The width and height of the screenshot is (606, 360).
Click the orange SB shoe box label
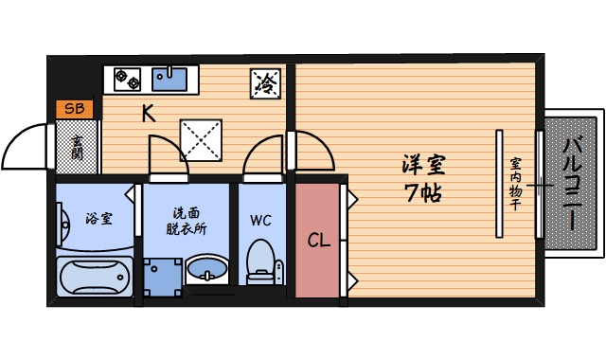coord(75,109)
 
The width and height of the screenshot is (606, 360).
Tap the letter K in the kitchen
coord(149,115)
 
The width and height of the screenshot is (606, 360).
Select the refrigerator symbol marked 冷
coord(267,82)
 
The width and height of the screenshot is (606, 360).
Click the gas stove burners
coord(129,79)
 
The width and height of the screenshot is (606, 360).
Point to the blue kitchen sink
coord(171,79)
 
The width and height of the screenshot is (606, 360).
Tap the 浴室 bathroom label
coord(98,218)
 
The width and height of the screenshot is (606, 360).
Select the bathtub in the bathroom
coord(94,278)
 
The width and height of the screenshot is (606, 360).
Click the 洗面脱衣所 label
coord(187,221)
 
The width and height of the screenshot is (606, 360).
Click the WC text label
coord(261,220)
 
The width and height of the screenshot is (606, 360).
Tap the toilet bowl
coord(259,261)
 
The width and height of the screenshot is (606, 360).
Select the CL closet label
coord(319,240)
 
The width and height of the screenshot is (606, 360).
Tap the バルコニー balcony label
coord(572,186)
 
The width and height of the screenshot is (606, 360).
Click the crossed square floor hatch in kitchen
coord(200,139)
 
